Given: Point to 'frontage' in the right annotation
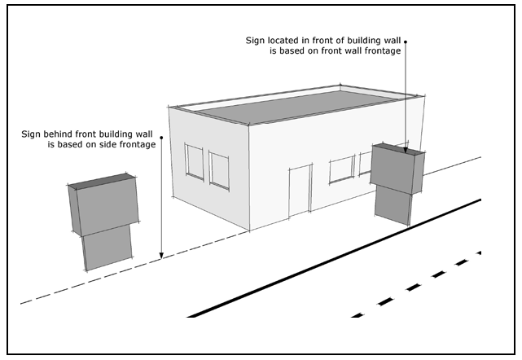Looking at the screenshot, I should click(383, 51).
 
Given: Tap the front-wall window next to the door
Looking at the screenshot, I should click(340, 170).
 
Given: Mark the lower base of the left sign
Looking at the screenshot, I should click(107, 248).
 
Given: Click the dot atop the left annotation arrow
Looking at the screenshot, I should click(162, 138).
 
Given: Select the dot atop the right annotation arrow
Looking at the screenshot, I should click(405, 39).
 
